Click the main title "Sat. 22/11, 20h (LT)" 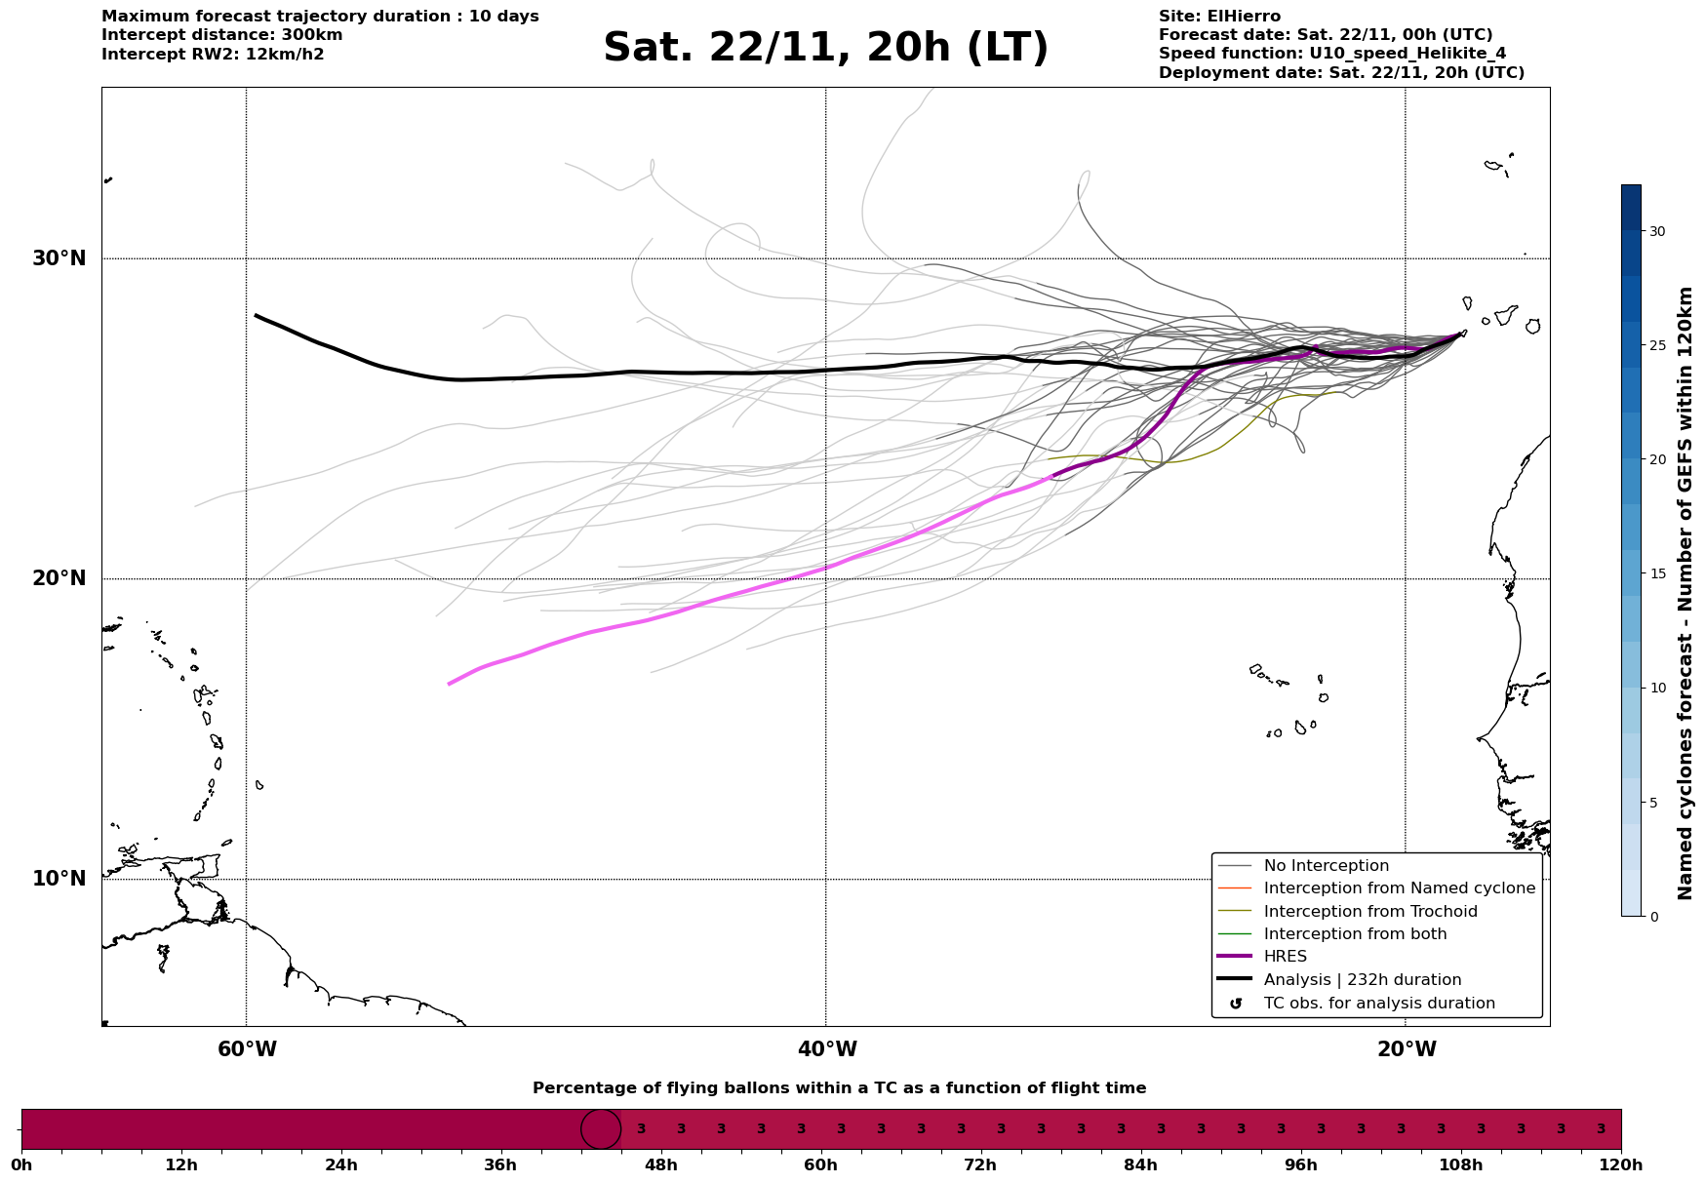click(x=825, y=48)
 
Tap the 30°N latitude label click(x=59, y=258)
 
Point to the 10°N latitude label click(x=59, y=879)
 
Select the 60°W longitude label click(x=247, y=1049)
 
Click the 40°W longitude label click(x=827, y=1049)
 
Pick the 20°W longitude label click(x=1407, y=1049)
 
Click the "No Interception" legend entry click(x=1326, y=866)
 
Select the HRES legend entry click(x=1285, y=957)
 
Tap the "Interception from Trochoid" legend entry click(x=1369, y=912)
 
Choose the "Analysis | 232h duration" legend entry click(x=1362, y=980)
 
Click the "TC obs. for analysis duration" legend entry click(x=1378, y=1004)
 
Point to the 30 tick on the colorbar click(x=1656, y=231)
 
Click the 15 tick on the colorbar click(x=1656, y=573)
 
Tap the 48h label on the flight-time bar click(x=660, y=1165)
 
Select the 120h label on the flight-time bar click(x=1621, y=1165)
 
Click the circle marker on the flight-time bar click(x=601, y=1129)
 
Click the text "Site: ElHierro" click(x=1219, y=17)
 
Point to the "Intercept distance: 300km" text click(x=221, y=35)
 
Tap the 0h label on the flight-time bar click(x=21, y=1165)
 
